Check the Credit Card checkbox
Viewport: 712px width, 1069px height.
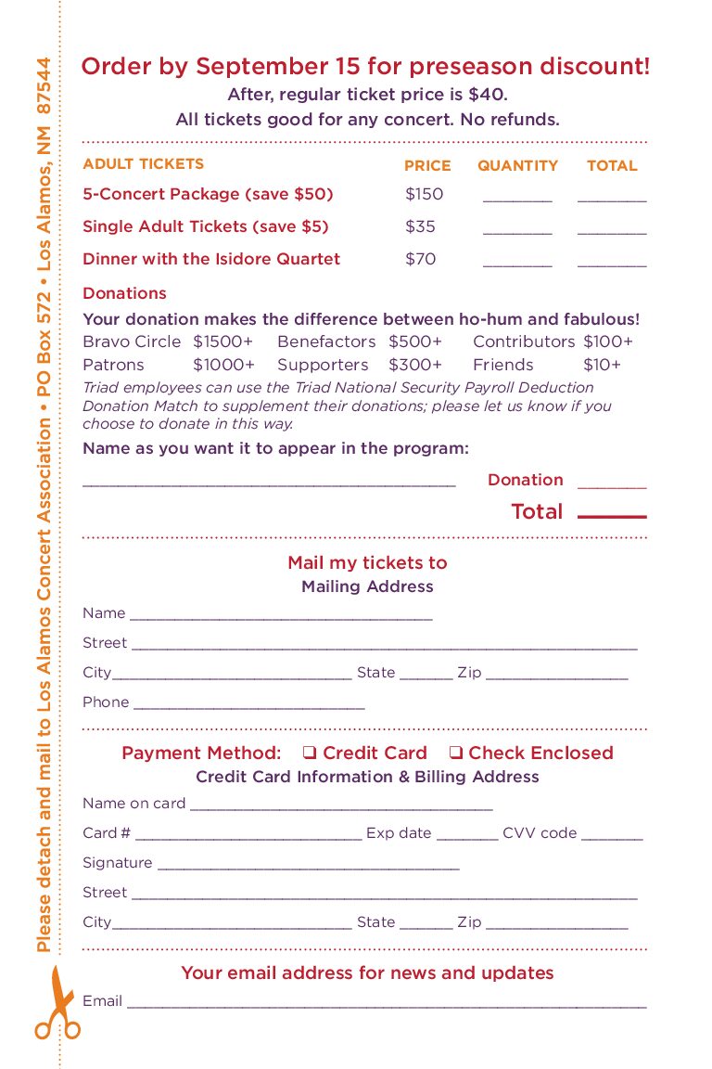pyautogui.click(x=311, y=753)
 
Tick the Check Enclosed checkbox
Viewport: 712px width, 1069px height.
pyautogui.click(x=456, y=753)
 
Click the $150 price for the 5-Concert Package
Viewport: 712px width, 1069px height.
pyautogui.click(x=425, y=194)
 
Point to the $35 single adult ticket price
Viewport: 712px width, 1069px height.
pyautogui.click(x=420, y=226)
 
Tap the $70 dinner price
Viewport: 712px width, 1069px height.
pyautogui.click(x=420, y=259)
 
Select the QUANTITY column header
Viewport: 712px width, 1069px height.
pyautogui.click(x=517, y=166)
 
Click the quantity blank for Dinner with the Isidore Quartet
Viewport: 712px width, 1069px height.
pyautogui.click(x=517, y=264)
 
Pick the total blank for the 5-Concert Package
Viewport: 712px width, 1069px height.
pyautogui.click(x=612, y=200)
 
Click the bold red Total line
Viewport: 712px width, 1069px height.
pyautogui.click(x=612, y=516)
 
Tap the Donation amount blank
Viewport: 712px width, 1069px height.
pyautogui.click(x=612, y=485)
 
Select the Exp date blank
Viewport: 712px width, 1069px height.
pyautogui.click(x=467, y=838)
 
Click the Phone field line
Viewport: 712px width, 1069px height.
pyautogui.click(x=248, y=707)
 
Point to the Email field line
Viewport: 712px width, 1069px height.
pyautogui.click(x=386, y=1006)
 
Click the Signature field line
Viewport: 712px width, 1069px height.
pyautogui.click(x=308, y=868)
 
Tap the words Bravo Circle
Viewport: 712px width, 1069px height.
pyautogui.click(x=132, y=341)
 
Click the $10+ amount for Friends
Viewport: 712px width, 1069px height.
pyautogui.click(x=602, y=365)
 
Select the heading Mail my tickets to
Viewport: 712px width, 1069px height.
pyautogui.click(x=367, y=562)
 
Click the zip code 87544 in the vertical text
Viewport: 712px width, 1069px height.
pyautogui.click(x=44, y=86)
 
